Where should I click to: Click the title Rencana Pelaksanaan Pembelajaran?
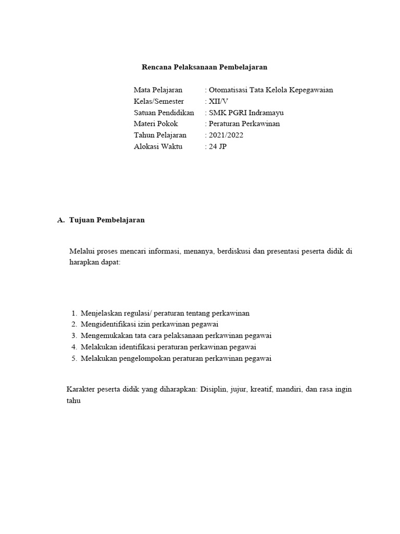[204, 67]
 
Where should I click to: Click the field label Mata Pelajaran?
[158, 90]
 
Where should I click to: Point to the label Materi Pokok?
[156, 124]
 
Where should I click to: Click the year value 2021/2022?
[226, 135]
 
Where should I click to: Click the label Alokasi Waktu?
[158, 147]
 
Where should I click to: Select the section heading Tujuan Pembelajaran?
[107, 220]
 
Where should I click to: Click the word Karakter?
[81, 389]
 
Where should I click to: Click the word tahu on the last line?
[74, 401]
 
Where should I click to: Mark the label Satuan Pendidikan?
[164, 113]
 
